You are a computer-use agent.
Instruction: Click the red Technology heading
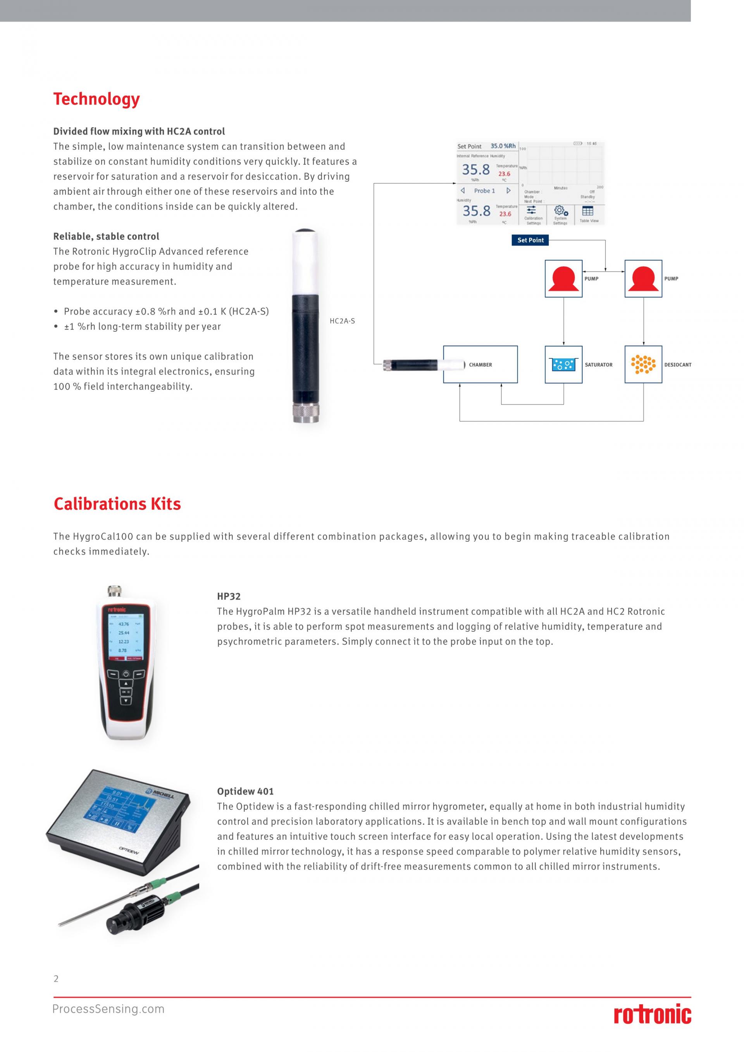(96, 99)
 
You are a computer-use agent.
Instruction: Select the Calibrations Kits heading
(117, 504)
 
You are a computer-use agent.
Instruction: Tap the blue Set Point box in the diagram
(530, 240)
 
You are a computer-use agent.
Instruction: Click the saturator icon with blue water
(563, 365)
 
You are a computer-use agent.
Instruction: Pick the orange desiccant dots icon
(643, 365)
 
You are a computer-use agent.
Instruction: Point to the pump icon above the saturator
(563, 279)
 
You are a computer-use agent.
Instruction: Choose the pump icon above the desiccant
(643, 279)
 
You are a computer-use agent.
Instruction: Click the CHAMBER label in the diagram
(480, 365)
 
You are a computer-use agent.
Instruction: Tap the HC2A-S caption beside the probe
(342, 321)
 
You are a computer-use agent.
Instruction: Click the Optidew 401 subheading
(245, 791)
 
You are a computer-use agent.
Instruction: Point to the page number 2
(56, 979)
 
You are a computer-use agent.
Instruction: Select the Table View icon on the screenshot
(588, 211)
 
